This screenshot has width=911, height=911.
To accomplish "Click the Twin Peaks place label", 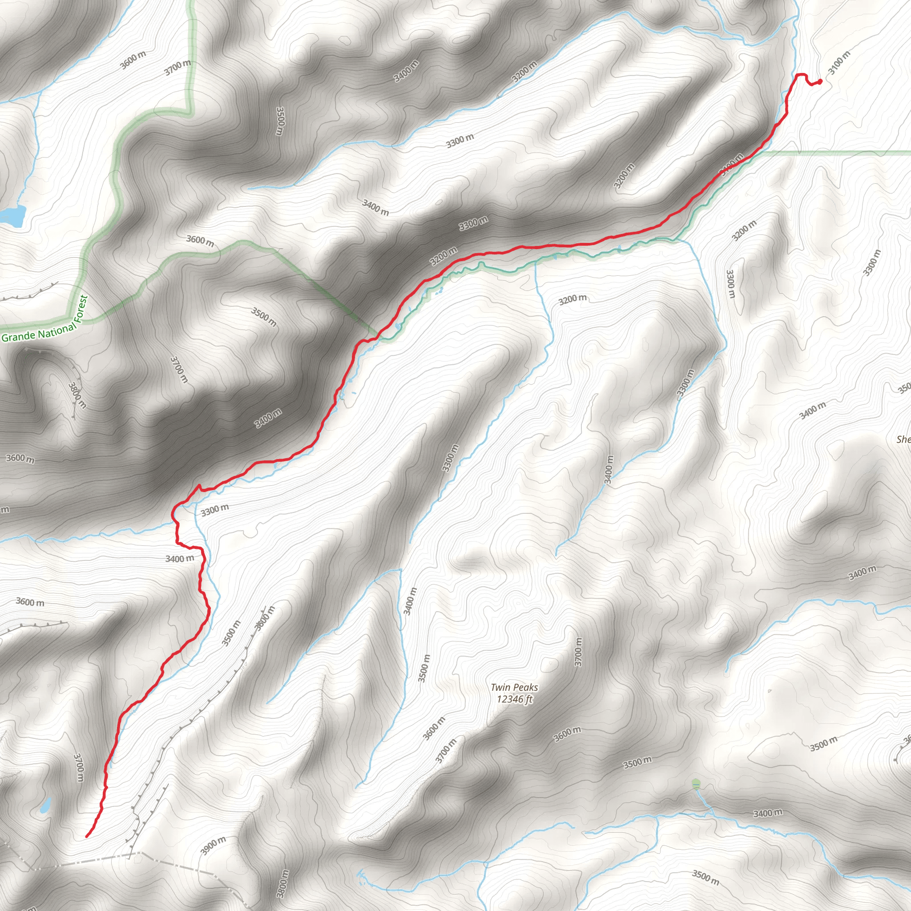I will click(x=514, y=688).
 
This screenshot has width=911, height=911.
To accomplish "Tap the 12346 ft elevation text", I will click(x=514, y=699).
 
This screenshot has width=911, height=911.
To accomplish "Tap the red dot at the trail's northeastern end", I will click(x=819, y=81).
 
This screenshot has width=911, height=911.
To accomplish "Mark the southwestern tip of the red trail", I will click(x=87, y=837).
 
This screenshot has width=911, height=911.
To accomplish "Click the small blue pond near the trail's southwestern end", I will click(x=45, y=806).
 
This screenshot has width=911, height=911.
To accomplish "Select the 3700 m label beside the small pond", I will click(x=79, y=767).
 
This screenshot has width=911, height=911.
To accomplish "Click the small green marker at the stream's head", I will click(x=696, y=784).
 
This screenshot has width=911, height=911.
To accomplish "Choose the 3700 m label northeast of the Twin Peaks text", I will click(x=579, y=652).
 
